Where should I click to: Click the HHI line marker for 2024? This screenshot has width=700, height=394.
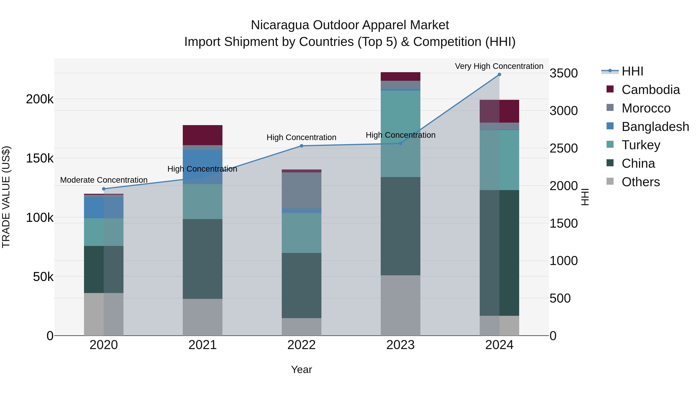coord(499,75)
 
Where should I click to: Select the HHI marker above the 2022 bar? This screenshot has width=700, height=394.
coord(301,146)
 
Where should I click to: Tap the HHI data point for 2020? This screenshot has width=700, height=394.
coord(103,189)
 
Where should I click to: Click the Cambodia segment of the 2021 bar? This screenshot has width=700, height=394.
coord(202,135)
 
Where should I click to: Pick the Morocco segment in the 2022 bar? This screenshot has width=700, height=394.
coord(301,190)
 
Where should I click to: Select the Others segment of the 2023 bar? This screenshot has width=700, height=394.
coord(400,305)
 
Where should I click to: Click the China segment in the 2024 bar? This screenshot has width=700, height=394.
coord(499,253)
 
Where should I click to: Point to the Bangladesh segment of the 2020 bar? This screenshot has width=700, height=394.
coord(103,207)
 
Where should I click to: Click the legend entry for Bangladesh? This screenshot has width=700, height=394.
coord(655,127)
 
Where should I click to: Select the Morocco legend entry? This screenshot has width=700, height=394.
coord(646,108)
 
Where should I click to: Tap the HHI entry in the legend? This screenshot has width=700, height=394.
coord(632,71)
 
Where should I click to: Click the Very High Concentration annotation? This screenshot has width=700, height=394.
coord(499,66)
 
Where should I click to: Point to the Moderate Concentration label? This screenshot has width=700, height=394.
coord(103,180)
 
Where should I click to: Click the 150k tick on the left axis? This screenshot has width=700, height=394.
coord(40,158)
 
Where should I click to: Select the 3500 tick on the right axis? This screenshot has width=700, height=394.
coord(563,73)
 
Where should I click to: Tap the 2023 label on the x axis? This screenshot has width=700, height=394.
coord(400,345)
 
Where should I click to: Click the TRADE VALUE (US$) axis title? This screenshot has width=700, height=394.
coord(6,197)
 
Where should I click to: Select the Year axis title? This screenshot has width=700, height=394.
coord(301,369)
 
